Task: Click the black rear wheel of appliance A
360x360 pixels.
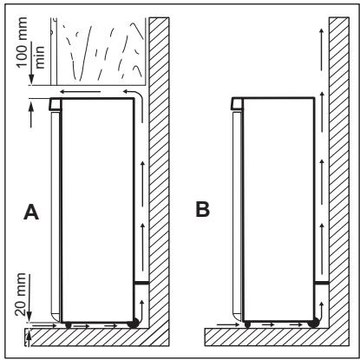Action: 133,324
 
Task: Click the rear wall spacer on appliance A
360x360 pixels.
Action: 141,284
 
